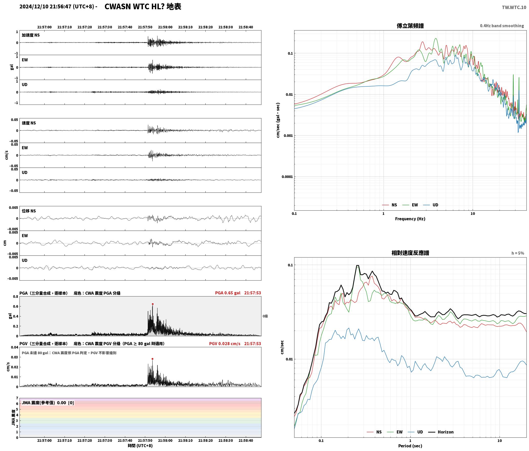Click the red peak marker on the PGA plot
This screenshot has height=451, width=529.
click(153, 304)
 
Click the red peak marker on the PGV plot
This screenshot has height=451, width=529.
click(152, 359)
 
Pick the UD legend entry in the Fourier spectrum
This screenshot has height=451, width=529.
click(430, 205)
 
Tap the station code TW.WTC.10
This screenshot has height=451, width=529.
click(514, 7)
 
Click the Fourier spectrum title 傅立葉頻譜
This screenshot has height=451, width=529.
click(410, 26)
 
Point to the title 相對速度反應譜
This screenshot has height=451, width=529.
click(410, 253)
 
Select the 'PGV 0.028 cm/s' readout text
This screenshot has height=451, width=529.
click(225, 344)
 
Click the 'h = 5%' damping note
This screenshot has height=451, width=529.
click(518, 253)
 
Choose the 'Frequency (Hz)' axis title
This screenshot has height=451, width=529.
click(410, 219)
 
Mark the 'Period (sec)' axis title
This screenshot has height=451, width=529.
click(410, 446)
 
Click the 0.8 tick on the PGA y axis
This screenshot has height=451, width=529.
click(16, 297)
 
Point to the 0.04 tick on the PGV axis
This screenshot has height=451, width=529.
click(15, 347)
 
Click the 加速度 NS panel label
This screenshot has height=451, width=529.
click(31, 35)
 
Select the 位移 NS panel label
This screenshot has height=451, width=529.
click(29, 211)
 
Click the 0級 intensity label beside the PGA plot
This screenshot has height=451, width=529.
click(265, 316)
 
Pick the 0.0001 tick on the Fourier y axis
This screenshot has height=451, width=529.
click(287, 177)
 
